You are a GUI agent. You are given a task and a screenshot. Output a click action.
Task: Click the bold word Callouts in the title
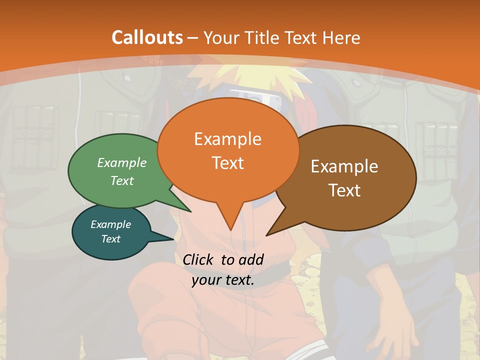[x=147, y=37]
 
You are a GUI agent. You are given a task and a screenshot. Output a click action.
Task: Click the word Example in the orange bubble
[x=227, y=139]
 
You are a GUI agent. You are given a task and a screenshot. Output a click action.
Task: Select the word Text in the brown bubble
[x=344, y=190]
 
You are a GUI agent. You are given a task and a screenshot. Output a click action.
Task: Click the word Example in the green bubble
[x=122, y=162]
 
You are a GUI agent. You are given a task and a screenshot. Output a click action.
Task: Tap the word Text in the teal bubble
[x=111, y=239]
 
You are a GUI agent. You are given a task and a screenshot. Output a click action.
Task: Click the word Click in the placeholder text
[x=199, y=259]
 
